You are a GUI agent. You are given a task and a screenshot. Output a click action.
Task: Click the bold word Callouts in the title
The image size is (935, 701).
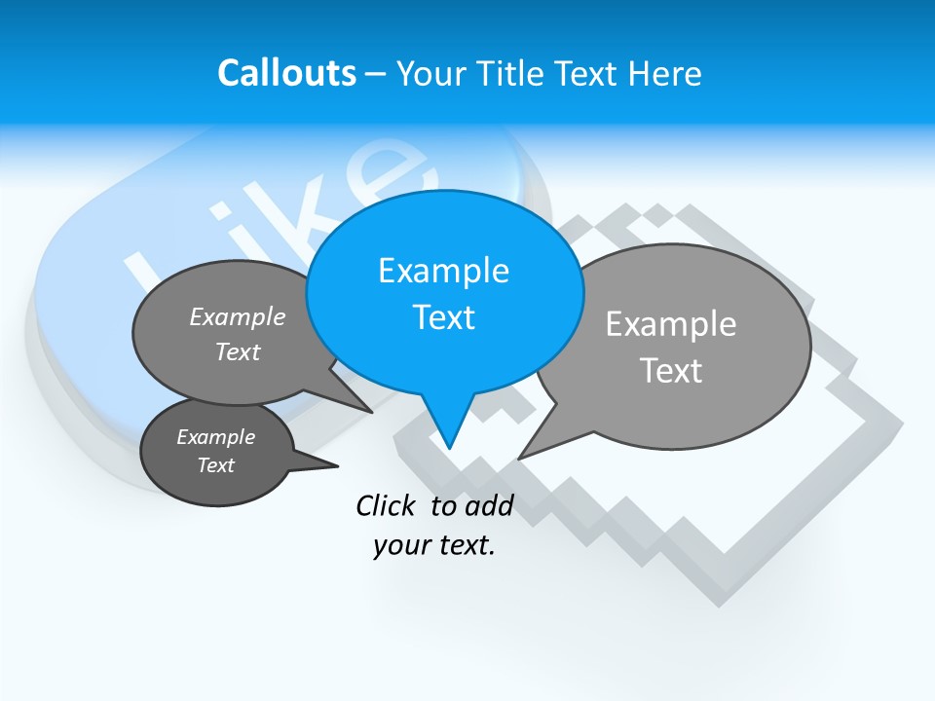[286, 73]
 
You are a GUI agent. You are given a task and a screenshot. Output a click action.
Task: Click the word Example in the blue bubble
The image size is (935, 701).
[443, 271]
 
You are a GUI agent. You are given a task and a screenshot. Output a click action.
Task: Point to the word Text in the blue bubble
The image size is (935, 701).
[443, 317]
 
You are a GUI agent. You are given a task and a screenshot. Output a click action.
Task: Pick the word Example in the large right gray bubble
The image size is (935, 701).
[671, 323]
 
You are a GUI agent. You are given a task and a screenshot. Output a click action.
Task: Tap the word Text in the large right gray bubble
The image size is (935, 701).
[671, 370]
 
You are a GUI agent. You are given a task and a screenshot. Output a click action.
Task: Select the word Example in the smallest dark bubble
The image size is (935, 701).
[215, 437]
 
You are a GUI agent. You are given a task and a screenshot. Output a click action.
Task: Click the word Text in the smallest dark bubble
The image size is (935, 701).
[215, 465]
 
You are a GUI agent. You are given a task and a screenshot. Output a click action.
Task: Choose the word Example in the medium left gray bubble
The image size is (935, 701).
[238, 316]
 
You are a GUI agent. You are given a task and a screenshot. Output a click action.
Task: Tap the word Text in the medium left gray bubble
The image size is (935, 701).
[238, 351]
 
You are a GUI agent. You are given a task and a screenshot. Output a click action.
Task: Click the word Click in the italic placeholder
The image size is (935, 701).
[388, 505]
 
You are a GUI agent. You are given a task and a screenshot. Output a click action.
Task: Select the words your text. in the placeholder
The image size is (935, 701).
[433, 545]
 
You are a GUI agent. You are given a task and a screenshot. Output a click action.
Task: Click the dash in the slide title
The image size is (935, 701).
[377, 73]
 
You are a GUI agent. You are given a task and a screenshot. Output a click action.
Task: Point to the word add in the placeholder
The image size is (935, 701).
[489, 505]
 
